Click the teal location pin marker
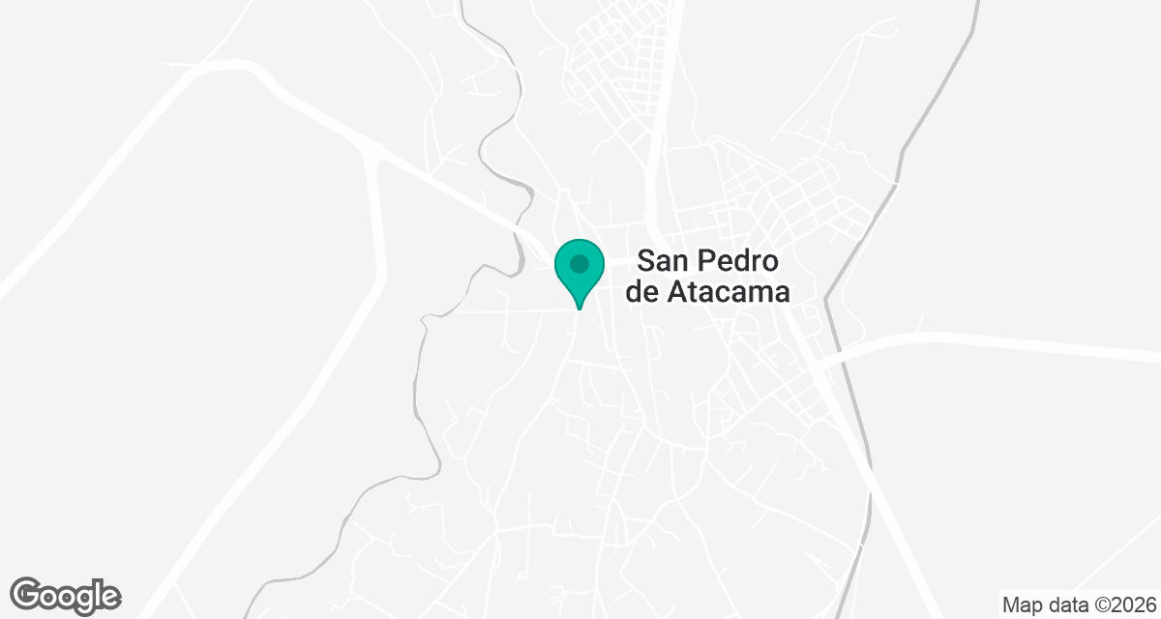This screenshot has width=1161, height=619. pyautogui.click(x=580, y=269)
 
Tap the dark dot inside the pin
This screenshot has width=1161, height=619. pyautogui.click(x=580, y=263)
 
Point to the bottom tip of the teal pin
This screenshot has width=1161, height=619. pyautogui.click(x=580, y=308)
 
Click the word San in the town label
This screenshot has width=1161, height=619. pyautogui.click(x=666, y=262)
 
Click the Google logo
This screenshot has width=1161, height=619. pyautogui.click(x=65, y=595)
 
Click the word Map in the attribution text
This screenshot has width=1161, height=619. pyautogui.click(x=1021, y=605)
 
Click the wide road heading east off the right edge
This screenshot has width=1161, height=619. pyautogui.click(x=1064, y=347)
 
